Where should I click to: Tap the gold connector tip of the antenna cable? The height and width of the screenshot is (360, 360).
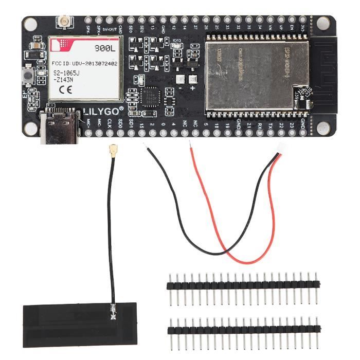click(x=111, y=150)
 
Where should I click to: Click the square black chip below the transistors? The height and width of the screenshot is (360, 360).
click(x=151, y=97)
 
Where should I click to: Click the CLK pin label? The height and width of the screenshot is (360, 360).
click(x=109, y=123)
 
